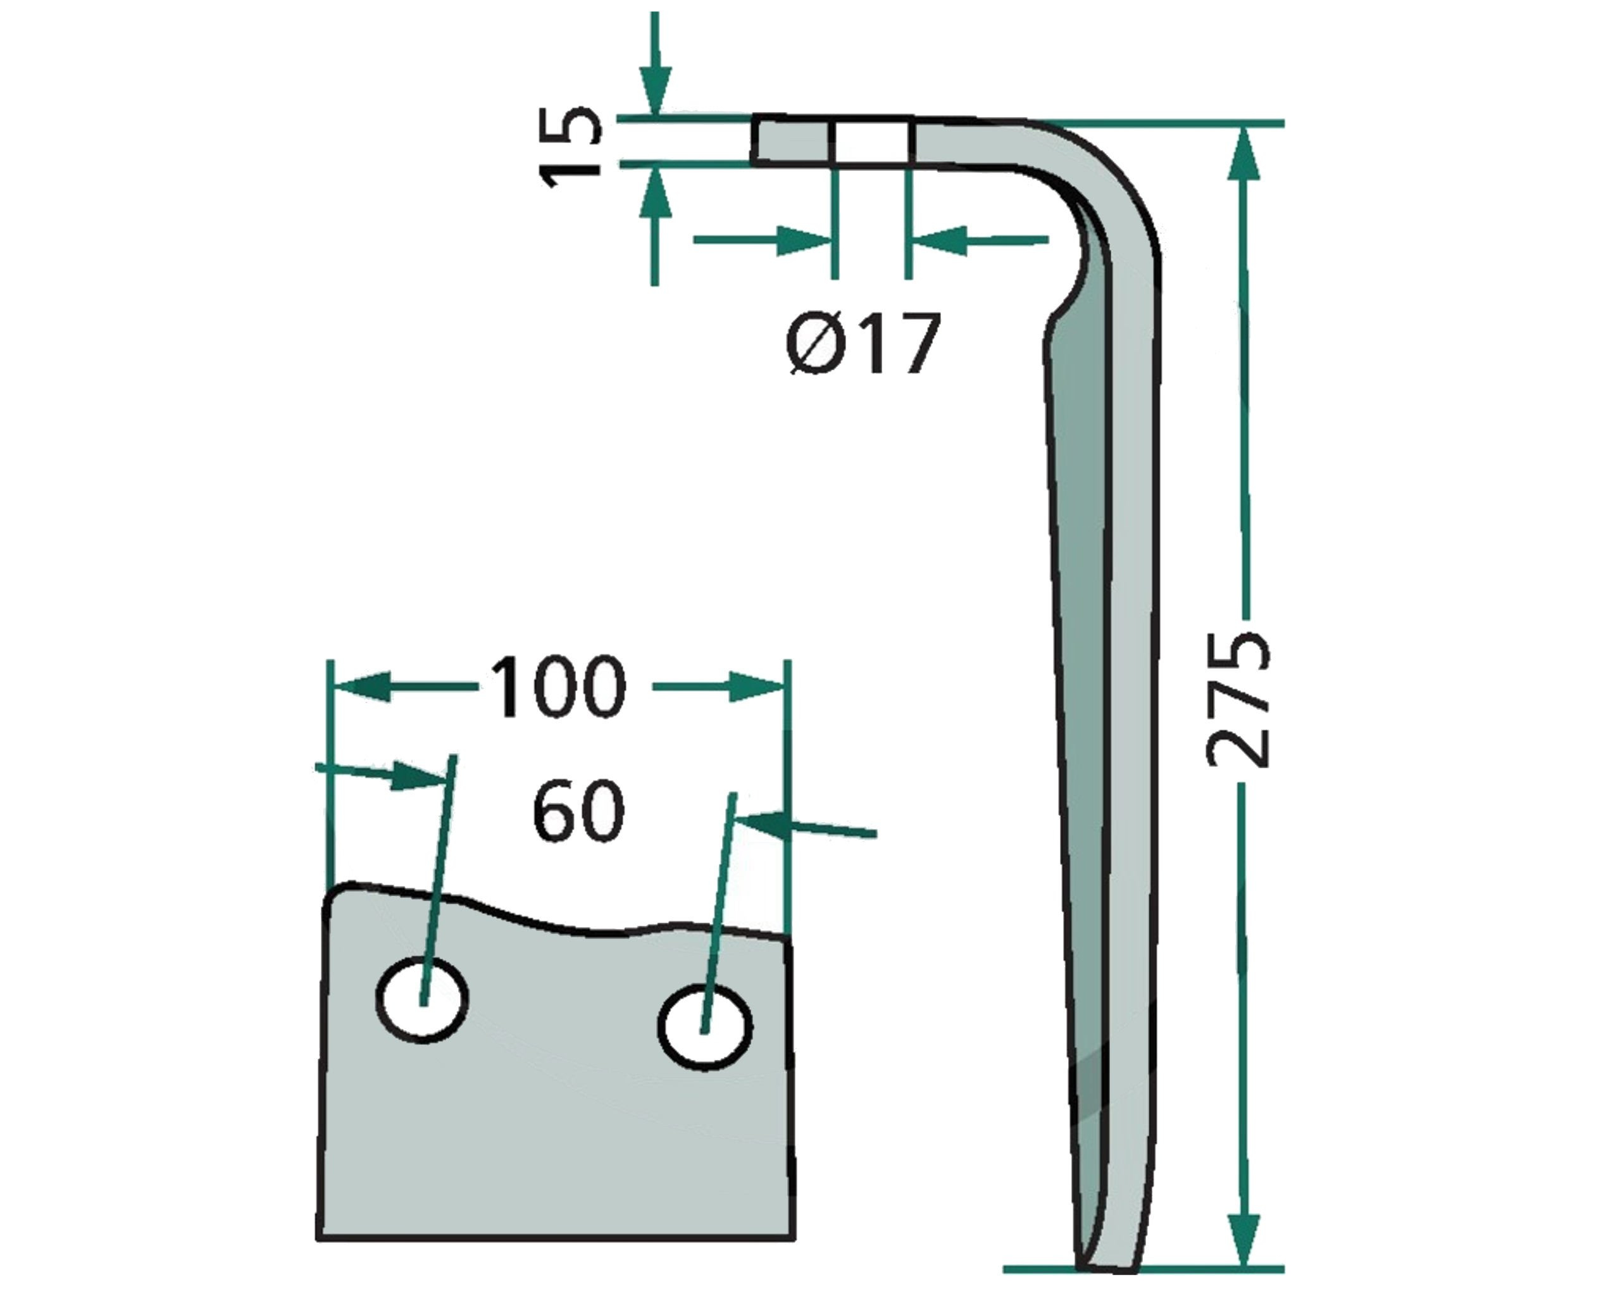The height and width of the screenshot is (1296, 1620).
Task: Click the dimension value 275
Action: [x=1237, y=699]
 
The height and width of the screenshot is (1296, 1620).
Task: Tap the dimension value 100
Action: [x=557, y=686]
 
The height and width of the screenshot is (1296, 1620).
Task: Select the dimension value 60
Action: [x=578, y=811]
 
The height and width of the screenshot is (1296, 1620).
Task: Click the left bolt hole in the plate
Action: [x=421, y=999]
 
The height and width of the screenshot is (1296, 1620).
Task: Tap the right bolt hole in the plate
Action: [x=704, y=1027]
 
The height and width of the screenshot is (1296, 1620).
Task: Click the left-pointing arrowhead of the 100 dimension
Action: [x=362, y=687]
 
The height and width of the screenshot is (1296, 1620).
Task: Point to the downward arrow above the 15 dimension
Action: [x=655, y=64]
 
